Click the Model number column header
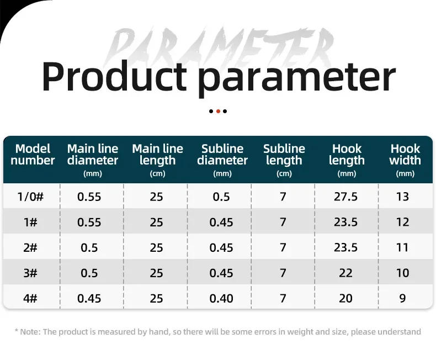33,155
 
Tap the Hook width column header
405,155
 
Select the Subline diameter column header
222,155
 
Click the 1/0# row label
30,197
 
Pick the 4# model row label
30,298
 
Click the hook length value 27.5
346,197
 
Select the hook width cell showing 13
402,197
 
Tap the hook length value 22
346,273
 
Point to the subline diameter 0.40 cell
221,298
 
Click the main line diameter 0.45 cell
89,298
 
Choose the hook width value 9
402,298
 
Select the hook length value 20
346,298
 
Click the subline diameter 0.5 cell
221,197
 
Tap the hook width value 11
402,247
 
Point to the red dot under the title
218,111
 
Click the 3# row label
30,273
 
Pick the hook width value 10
402,273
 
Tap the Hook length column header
347,155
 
